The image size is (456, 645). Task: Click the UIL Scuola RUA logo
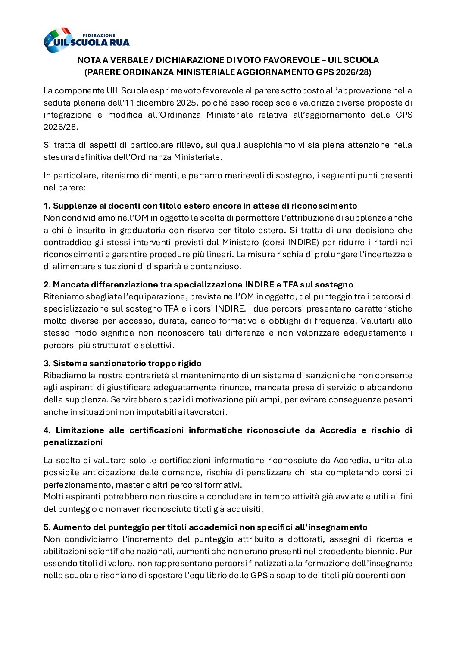click(x=86, y=40)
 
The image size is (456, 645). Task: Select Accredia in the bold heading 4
click(x=338, y=430)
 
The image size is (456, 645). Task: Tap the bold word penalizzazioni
click(x=73, y=442)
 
